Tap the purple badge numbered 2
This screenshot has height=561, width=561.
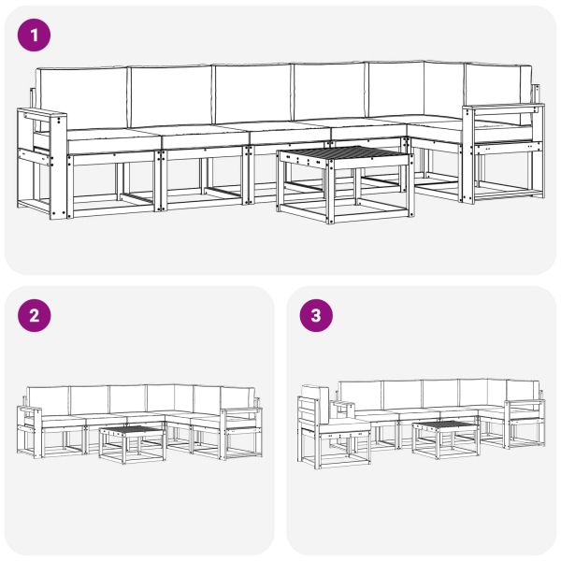(x=34, y=315)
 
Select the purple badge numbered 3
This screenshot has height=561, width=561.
(x=315, y=315)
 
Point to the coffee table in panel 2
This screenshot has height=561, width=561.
(x=132, y=439)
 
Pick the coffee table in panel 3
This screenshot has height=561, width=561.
(x=445, y=437)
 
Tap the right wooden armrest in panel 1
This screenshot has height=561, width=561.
(x=502, y=110)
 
